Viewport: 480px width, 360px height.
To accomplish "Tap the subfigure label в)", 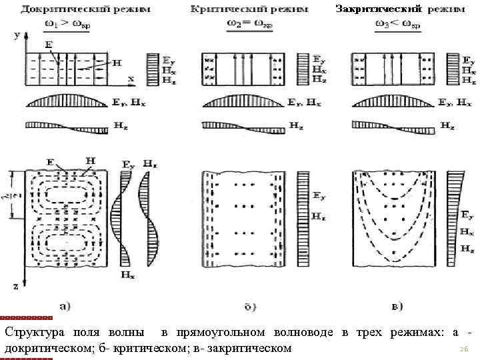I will [396, 307].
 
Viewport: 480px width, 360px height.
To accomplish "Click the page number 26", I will [464, 349].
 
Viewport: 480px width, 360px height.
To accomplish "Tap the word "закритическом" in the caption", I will [252, 348].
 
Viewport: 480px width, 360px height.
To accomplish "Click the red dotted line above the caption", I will [26, 317].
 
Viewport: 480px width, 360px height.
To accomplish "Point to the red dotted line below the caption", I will [26, 357].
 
